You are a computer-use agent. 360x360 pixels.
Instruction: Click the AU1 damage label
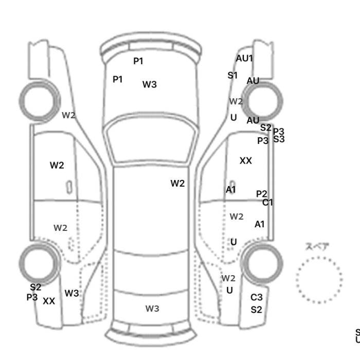(x=244, y=58)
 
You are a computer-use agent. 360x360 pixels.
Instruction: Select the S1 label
(x=232, y=75)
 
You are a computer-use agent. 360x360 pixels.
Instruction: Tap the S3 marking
(x=279, y=139)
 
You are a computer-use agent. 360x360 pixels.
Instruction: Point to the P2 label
(x=262, y=194)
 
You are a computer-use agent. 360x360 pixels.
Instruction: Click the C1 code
(x=267, y=203)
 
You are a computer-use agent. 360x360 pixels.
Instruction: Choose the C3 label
(x=257, y=297)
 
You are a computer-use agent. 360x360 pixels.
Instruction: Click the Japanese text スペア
(x=318, y=247)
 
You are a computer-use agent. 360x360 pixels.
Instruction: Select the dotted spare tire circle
(x=319, y=278)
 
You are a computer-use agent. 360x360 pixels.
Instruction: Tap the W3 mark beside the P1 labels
(x=150, y=85)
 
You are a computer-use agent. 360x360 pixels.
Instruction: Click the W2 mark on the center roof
(x=177, y=183)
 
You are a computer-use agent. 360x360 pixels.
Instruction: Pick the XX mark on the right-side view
(x=246, y=161)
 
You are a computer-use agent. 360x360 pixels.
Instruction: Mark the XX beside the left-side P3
(x=49, y=301)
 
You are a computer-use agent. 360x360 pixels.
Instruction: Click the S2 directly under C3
(x=257, y=310)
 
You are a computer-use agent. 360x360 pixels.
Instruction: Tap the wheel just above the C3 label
(x=263, y=264)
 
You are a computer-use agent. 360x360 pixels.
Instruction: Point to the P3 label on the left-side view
(x=32, y=297)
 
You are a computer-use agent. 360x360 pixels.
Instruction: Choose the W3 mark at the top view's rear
(x=152, y=309)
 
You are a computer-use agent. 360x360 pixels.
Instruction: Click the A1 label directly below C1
(x=260, y=224)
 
